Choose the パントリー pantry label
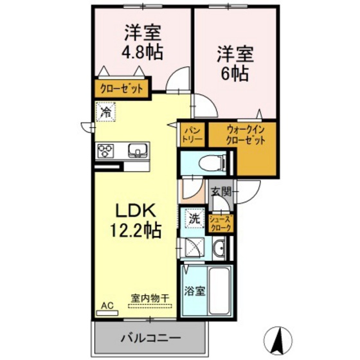[192, 134]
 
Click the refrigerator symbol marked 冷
[105, 113]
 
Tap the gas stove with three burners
[105, 152]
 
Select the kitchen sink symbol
[136, 152]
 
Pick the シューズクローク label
[221, 223]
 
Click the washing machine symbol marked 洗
[194, 219]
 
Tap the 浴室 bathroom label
[195, 291]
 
